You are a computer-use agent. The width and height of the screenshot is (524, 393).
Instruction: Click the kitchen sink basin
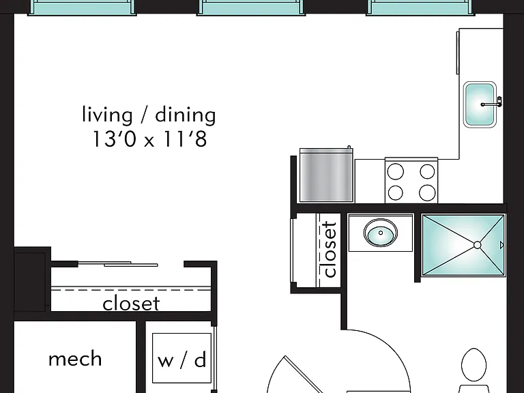pos(480,104)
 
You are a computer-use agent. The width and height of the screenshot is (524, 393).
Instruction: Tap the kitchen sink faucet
pos(492,103)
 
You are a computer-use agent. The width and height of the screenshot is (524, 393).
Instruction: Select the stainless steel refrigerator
pos(326,175)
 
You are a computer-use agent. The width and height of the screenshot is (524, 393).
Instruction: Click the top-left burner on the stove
pos(395,172)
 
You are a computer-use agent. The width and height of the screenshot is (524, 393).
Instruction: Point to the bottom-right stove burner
pos(427,193)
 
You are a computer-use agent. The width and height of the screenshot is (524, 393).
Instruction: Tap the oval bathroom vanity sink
pos(381,233)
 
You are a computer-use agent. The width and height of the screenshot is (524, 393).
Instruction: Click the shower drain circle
pos(477,246)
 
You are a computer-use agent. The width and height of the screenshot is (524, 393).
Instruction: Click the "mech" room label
pos(75,359)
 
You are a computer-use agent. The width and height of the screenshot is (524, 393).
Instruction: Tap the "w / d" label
pos(181,360)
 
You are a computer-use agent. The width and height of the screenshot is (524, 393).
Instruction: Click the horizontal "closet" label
pos(131,304)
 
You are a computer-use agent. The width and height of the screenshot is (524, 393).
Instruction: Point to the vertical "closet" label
pos(329,249)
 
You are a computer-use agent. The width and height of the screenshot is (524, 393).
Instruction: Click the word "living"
pos(107,115)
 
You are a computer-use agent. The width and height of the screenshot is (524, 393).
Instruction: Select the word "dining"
pos(186,115)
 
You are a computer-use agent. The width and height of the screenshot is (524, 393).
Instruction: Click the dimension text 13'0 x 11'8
pos(149,139)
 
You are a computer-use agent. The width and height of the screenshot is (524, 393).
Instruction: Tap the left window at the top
pos(81,8)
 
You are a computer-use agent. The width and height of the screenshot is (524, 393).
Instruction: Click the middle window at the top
pos(250,8)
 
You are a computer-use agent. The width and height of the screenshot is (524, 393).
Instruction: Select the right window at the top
pos(420,8)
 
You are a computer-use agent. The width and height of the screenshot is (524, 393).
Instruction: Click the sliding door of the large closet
pos(117,264)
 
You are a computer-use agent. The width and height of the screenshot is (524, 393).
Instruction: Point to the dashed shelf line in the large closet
pos(131,290)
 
